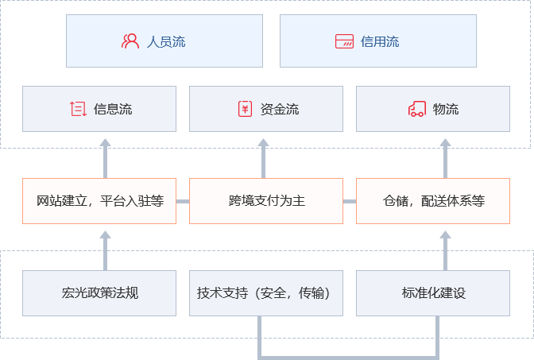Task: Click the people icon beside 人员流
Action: tap(130, 41)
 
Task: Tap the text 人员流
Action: tap(166, 41)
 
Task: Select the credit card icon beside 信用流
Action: tap(344, 41)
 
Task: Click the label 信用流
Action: tap(380, 41)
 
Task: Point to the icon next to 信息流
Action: tap(78, 109)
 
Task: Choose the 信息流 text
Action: tap(113, 109)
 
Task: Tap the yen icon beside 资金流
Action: tap(245, 109)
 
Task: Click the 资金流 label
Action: tap(280, 109)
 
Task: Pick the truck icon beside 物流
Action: tap(417, 109)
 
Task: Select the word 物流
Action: tap(446, 109)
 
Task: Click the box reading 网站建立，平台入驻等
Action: tap(99, 201)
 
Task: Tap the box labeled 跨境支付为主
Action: tap(266, 201)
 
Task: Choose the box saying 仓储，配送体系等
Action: tap(433, 201)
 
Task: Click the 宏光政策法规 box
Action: tap(99, 293)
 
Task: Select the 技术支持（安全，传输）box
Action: tap(266, 293)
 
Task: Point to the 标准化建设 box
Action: tap(433, 293)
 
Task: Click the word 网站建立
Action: tap(62, 201)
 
